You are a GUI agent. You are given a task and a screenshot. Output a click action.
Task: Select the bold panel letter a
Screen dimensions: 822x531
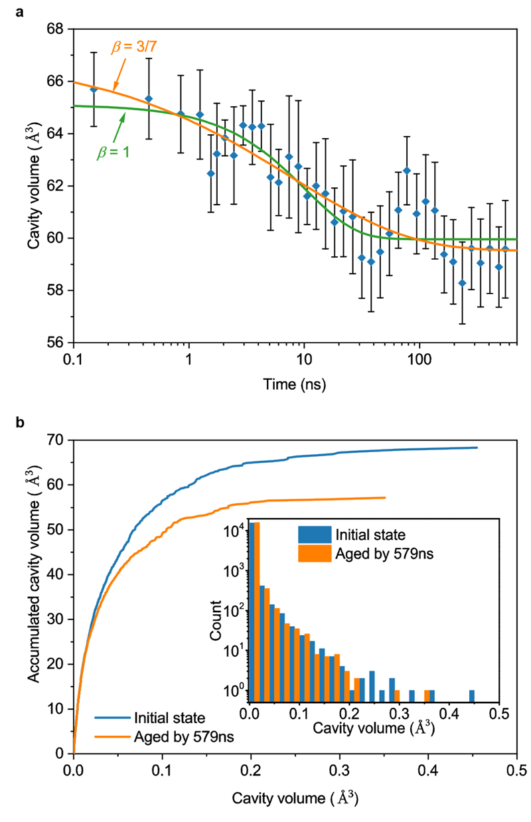coord(30,11)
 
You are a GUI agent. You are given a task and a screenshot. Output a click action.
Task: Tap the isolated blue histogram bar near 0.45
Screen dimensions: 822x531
coord(472,696)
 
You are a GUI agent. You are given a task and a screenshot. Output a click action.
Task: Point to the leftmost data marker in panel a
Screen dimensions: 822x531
coord(94,89)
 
